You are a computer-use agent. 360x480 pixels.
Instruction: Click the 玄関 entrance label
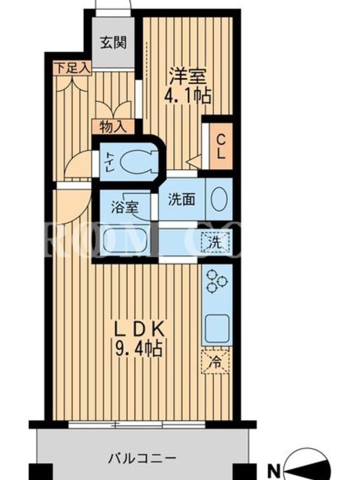113,42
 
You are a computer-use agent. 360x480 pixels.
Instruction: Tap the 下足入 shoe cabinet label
72,68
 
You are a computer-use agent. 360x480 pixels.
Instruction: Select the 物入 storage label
113,127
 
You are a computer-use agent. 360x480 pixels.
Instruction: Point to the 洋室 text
188,76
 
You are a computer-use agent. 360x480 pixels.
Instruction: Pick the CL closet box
221,146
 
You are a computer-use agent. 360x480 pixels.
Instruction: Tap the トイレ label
110,161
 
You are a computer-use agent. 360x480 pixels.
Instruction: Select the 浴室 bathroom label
125,207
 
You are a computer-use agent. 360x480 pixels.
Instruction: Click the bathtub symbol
125,241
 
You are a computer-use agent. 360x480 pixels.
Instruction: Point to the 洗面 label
181,200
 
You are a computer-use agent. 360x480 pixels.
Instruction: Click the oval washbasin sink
220,199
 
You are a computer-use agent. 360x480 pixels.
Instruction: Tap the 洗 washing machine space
215,242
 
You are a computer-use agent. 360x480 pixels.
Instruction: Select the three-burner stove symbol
217,280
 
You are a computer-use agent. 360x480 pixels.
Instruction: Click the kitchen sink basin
217,328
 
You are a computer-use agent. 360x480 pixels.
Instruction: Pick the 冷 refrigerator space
215,362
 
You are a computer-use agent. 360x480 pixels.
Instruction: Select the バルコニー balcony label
143,458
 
